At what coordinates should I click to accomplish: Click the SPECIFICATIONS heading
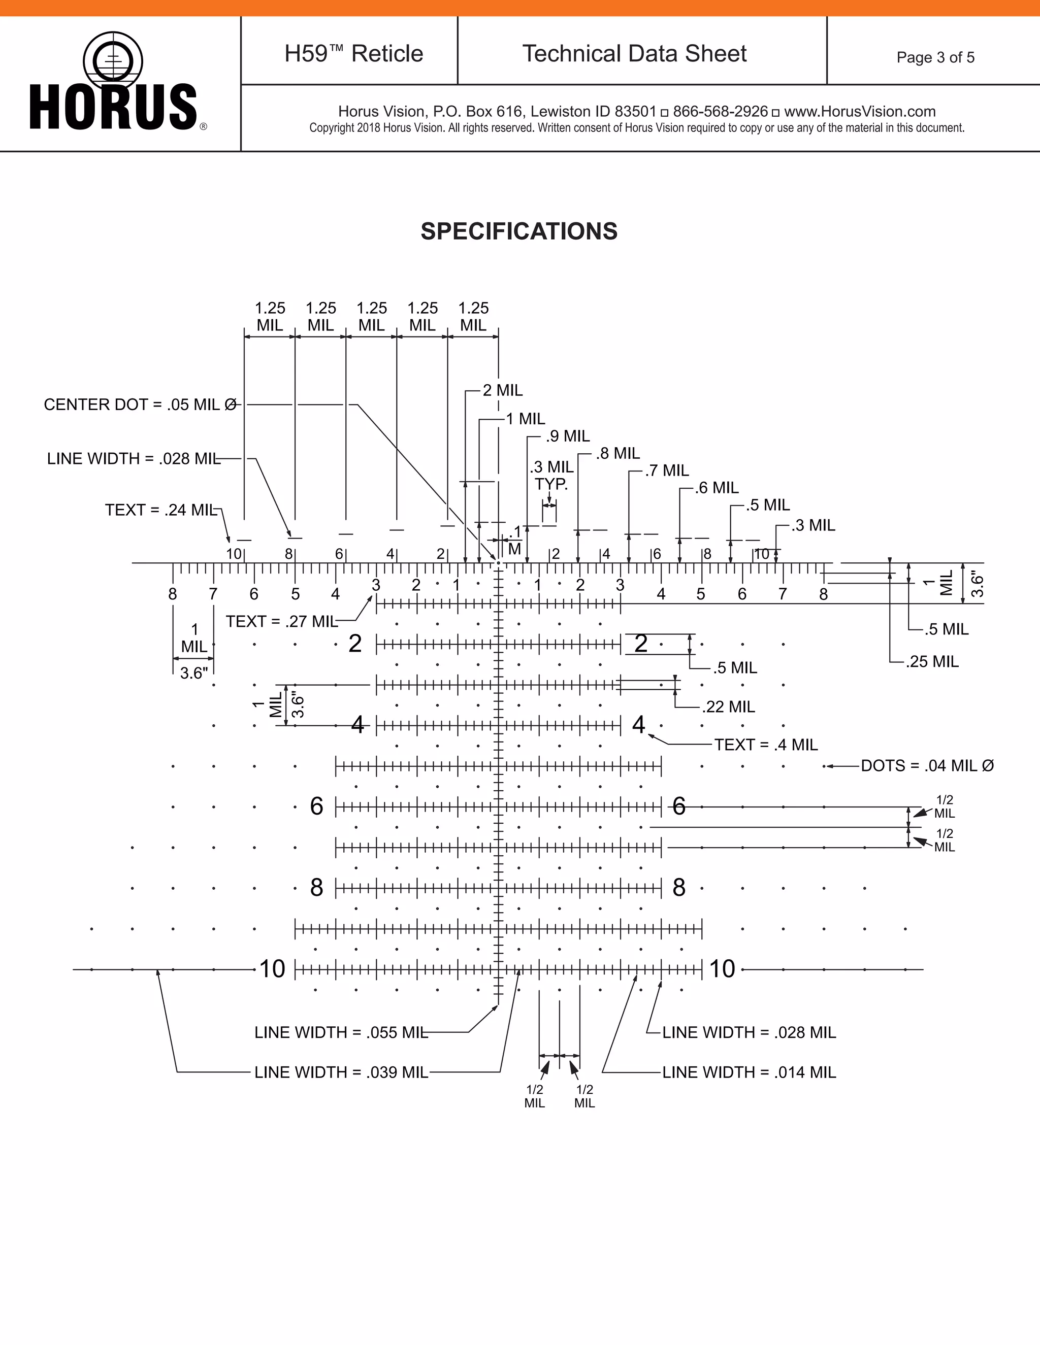(519, 231)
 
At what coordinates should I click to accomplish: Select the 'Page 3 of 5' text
(935, 57)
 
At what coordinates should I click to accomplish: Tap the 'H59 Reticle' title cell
(353, 54)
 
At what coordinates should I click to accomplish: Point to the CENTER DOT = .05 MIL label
(140, 405)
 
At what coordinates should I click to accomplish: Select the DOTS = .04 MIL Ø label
(927, 765)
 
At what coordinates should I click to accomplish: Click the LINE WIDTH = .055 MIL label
(341, 1032)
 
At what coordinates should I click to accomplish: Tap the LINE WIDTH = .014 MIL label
(749, 1072)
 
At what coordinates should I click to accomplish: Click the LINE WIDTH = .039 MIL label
(341, 1072)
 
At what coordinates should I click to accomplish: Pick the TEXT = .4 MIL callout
(766, 745)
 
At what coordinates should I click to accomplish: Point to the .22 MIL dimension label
(728, 707)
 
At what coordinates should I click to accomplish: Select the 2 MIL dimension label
(502, 390)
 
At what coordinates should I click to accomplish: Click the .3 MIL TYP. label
(551, 476)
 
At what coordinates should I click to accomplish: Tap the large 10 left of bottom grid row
(272, 969)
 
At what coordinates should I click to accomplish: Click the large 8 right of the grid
(678, 887)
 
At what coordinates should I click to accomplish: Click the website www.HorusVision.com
(860, 112)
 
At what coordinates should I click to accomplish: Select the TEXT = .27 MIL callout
(281, 621)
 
